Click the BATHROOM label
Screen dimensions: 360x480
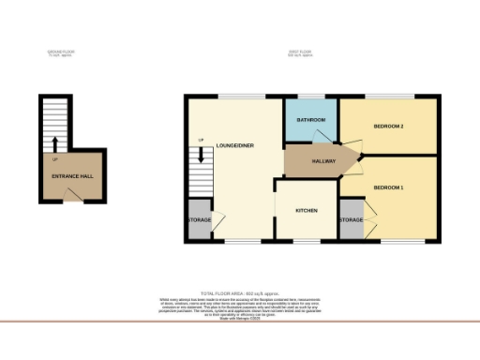pos(310,121)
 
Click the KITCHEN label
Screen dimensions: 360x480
pos(307,211)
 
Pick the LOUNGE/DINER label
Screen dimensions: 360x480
pos(235,145)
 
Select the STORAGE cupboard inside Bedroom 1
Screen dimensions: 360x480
pos(351,219)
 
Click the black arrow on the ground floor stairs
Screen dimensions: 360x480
pos(55,143)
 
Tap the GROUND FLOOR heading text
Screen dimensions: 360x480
pos(62,52)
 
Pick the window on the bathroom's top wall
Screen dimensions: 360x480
pos(310,96)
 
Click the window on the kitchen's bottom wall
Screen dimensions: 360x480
pos(307,242)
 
